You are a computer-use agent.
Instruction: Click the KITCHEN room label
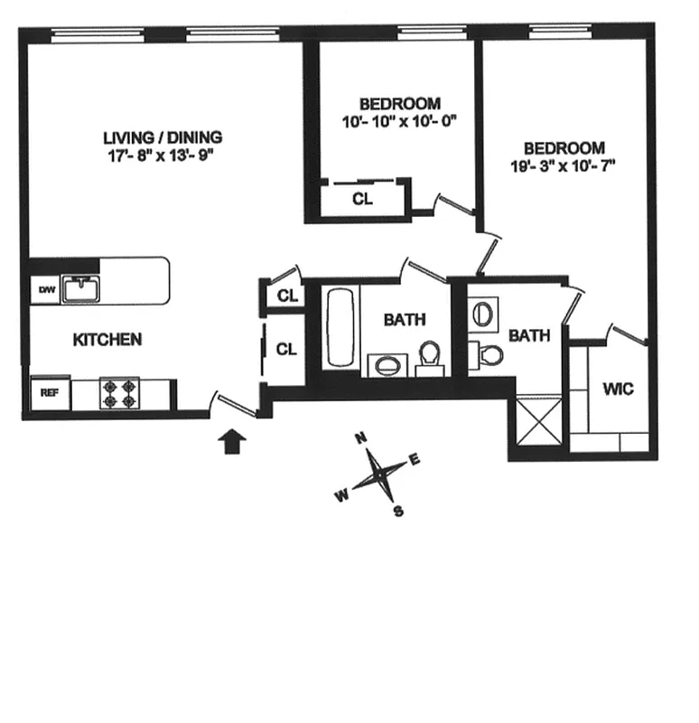pos(107,340)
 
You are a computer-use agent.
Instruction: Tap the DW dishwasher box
pos(45,290)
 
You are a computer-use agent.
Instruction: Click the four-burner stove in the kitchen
pos(118,392)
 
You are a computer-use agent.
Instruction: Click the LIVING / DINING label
pos(163,137)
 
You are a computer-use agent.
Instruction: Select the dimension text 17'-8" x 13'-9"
pos(163,155)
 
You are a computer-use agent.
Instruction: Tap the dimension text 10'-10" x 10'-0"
pos(399,120)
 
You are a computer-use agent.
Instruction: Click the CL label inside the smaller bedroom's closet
pos(362,200)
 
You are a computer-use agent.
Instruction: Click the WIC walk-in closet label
pos(618,390)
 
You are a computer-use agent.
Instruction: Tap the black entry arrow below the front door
pos(232,441)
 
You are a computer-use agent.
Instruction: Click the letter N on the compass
pos(361,438)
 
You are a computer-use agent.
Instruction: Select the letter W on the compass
pos(341,494)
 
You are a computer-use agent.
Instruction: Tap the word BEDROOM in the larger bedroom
pos(564,147)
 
